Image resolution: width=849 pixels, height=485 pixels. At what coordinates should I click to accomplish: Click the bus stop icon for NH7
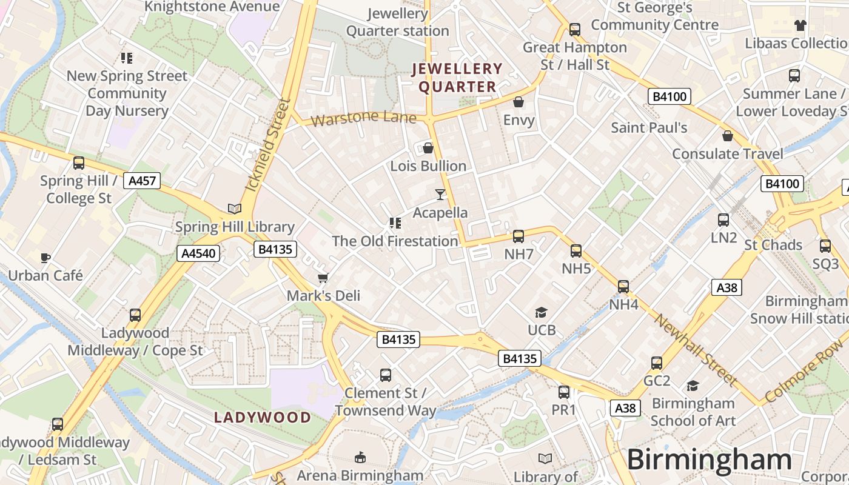coord(518,236)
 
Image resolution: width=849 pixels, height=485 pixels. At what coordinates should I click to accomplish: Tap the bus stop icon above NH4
coord(623,287)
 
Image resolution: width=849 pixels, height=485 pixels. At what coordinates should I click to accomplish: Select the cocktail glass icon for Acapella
coord(440,195)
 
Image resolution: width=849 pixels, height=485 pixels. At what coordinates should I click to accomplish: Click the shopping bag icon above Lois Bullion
coord(428,148)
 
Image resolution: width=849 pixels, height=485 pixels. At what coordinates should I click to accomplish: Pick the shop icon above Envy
coord(518,102)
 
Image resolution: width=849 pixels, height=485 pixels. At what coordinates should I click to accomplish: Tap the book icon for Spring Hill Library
coord(235,209)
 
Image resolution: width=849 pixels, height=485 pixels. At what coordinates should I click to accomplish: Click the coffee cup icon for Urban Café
coord(45,258)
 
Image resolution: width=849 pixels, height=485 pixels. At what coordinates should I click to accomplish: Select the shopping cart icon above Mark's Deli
coord(323,278)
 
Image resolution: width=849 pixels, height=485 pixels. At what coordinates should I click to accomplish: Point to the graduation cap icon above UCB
coord(541,312)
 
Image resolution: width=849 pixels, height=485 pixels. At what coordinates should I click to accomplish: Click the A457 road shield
coord(141,180)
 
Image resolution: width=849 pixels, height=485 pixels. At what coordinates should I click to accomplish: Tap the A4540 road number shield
coord(198,253)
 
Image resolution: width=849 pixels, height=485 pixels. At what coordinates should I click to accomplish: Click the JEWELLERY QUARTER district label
coord(457,78)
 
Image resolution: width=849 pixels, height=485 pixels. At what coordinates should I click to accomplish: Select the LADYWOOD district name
coord(263,417)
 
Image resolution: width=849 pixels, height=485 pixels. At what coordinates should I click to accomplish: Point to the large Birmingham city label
coord(709,459)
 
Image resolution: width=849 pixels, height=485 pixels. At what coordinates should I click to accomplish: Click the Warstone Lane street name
coord(363,118)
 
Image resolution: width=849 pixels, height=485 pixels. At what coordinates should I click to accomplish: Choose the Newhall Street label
coord(696,350)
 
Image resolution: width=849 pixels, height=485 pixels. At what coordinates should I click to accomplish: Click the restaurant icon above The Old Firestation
coord(395,223)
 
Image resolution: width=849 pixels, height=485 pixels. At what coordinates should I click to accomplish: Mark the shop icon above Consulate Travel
coord(728,136)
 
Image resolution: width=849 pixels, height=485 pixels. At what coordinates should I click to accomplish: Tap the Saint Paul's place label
coord(649,127)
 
